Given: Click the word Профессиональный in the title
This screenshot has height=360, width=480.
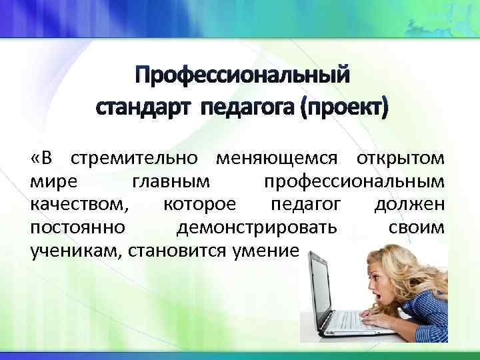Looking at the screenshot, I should click(240, 76).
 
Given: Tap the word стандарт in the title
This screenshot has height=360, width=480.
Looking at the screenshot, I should click(141, 107).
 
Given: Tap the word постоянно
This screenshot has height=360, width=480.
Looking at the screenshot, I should click(77, 228).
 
